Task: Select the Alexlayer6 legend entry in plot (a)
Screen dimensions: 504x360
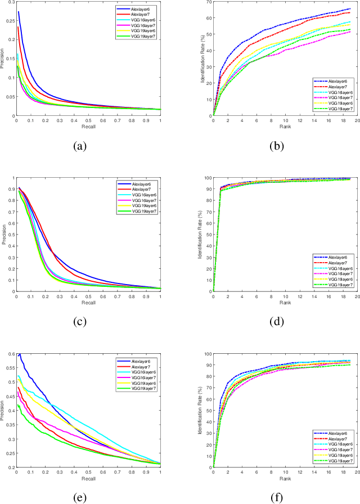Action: point(144,10)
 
